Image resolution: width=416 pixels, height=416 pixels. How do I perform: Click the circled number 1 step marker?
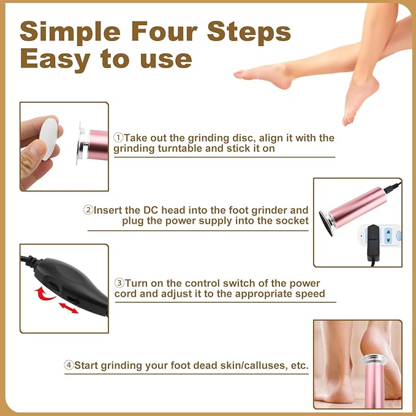pyautogui.click(x=119, y=138)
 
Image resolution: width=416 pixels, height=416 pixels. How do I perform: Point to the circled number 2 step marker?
pyautogui.click(x=89, y=210)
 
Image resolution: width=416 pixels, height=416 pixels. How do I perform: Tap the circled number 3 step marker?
pyautogui.click(x=119, y=283)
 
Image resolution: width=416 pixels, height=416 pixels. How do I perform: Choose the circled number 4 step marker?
pyautogui.click(x=69, y=365)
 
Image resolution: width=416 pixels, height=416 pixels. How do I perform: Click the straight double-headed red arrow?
pyautogui.click(x=69, y=307)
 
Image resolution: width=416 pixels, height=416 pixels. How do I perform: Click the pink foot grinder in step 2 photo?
pyautogui.click(x=355, y=205)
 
